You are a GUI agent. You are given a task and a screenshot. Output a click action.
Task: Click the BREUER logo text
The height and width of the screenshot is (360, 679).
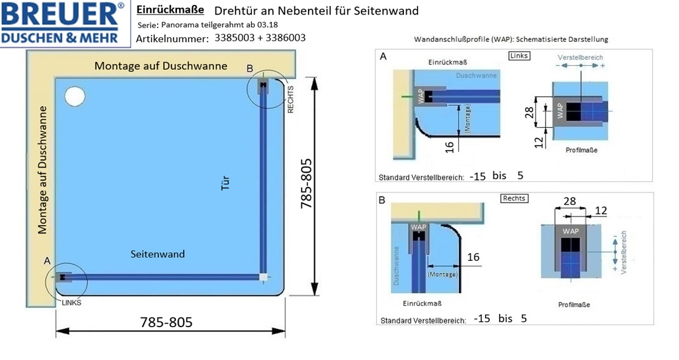click(61, 15)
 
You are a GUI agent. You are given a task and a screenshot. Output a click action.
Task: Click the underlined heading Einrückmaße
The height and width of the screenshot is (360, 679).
click(170, 10)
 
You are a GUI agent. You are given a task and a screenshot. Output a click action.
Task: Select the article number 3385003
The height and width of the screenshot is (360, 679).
click(234, 38)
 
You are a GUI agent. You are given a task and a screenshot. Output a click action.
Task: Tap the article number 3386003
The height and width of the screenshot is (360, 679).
click(286, 38)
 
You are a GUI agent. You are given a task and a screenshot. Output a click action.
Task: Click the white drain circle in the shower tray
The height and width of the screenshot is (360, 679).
click(75, 96)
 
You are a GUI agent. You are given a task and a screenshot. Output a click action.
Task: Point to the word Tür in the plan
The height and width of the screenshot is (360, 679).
click(225, 182)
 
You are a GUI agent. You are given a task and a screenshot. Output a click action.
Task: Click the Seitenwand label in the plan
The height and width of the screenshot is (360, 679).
click(158, 254)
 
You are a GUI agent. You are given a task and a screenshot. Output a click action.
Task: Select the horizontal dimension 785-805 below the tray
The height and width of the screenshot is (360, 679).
click(166, 322)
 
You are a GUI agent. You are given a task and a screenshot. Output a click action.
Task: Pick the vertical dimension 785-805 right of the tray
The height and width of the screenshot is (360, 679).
click(307, 184)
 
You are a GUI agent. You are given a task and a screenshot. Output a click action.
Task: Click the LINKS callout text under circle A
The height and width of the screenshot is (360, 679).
click(71, 303)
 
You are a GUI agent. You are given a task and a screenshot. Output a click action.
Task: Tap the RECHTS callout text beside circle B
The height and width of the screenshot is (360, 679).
click(291, 100)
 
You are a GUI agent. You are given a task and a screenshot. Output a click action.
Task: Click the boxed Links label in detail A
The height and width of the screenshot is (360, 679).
click(519, 56)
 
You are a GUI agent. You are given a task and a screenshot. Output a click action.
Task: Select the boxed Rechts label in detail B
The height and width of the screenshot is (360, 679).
click(514, 198)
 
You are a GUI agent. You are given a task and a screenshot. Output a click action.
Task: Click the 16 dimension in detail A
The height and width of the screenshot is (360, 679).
click(450, 147)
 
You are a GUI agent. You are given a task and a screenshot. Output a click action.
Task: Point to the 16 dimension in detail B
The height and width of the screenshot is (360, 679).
click(473, 257)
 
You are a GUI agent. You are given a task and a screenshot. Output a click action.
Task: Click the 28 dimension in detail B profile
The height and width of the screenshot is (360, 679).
click(570, 201)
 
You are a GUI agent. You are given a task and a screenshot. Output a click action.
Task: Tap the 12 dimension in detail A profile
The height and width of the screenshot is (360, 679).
click(538, 143)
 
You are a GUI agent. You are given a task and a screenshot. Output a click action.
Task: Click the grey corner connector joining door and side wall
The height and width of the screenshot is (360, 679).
click(263, 277)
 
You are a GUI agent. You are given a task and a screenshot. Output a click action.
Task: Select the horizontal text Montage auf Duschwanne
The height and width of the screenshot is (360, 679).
click(161, 66)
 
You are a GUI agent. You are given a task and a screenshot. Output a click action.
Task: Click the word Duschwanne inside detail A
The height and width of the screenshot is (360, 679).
click(476, 75)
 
